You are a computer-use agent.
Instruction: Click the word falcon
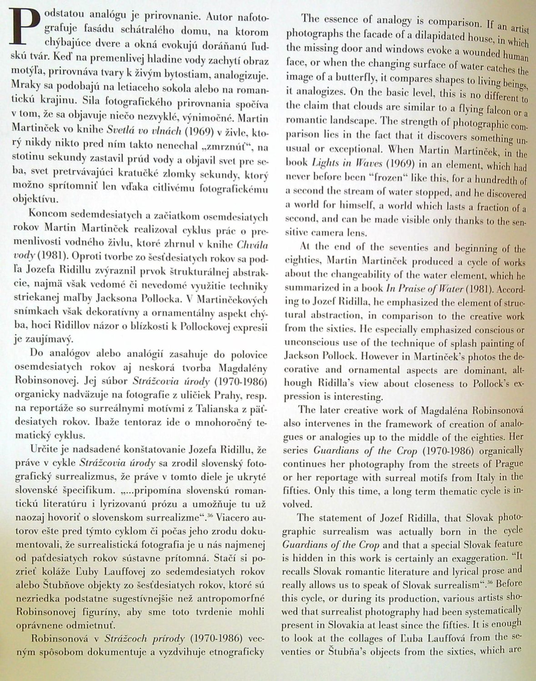[x=492, y=110]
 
